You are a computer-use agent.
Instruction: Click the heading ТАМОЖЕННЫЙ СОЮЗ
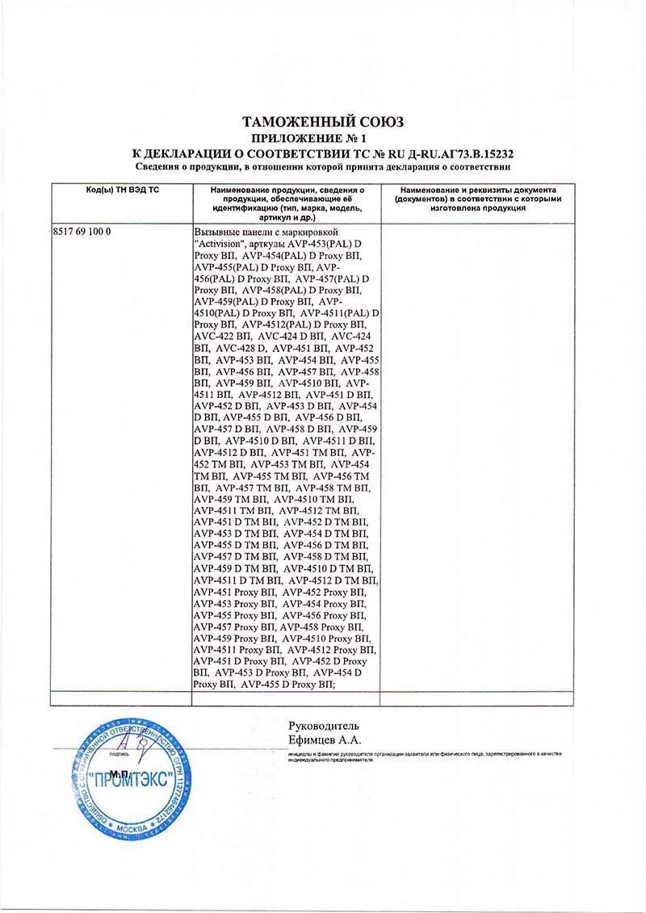(322, 122)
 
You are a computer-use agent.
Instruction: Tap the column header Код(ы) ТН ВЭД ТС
(120, 189)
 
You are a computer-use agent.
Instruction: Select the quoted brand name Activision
(229, 243)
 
